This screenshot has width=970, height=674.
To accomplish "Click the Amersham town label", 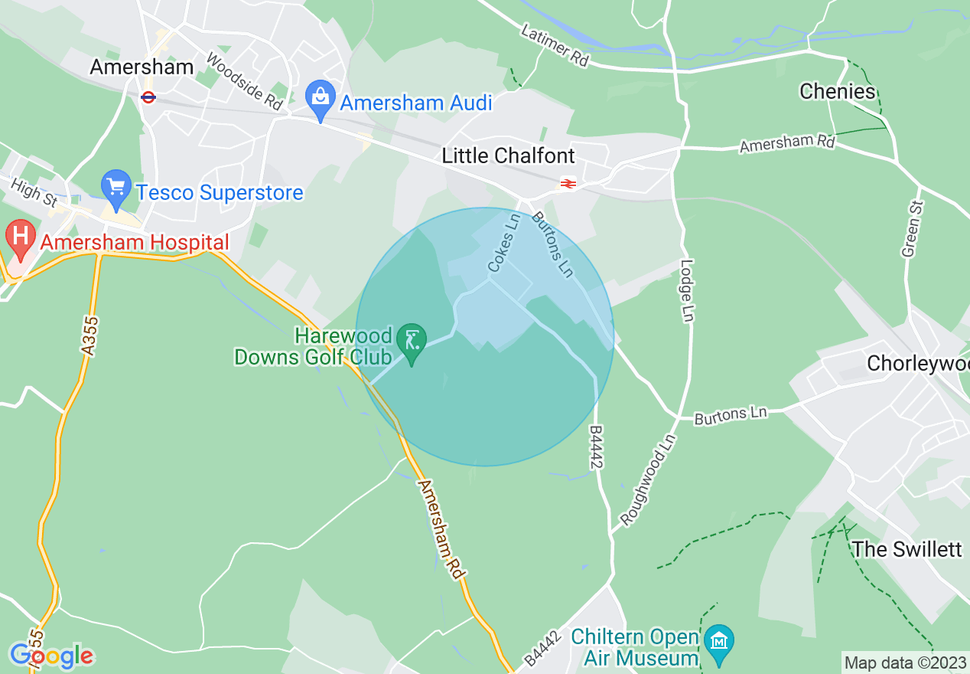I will point(142,67).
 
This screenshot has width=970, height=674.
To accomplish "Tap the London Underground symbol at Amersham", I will point(148,97).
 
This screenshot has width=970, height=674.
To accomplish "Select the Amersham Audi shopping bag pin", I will point(321,100).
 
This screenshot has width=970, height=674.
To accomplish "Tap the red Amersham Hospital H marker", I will point(21,239).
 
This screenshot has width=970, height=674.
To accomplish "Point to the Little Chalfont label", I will point(508,156).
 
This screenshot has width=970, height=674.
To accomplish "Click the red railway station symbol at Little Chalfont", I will point(568,183).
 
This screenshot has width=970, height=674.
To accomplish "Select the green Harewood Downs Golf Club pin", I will point(412,342).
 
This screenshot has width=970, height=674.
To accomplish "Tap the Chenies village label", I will point(837,92).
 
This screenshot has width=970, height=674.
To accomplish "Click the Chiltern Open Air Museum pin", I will point(719,643).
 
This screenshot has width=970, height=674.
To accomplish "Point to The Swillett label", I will point(907,549).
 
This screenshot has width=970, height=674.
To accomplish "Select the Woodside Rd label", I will point(245,80).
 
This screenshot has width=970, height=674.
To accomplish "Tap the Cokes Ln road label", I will point(503,244).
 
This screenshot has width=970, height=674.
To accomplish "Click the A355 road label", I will point(90,335).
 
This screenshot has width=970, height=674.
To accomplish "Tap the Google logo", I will point(50,656).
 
